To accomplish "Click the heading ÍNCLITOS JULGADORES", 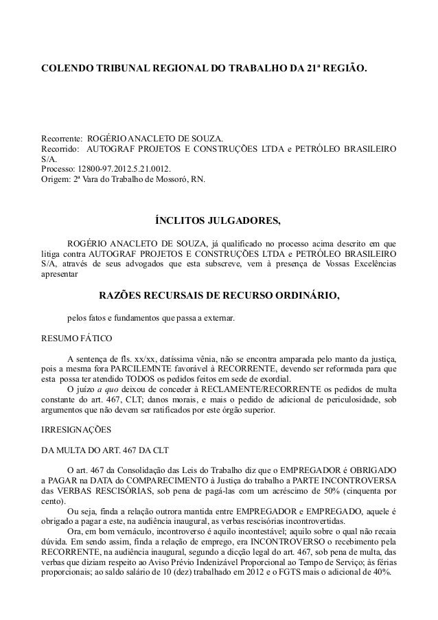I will pos(218,221).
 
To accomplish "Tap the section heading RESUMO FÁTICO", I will pos(72,338).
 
